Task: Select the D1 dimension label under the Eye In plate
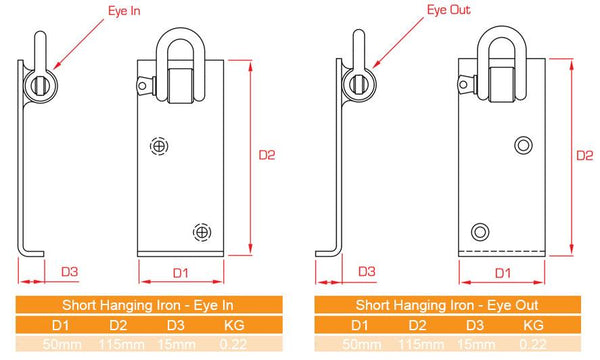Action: [180, 272]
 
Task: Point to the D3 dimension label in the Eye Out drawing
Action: [366, 271]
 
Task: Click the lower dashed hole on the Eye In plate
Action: [203, 231]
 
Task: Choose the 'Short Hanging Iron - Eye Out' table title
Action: [446, 304]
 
